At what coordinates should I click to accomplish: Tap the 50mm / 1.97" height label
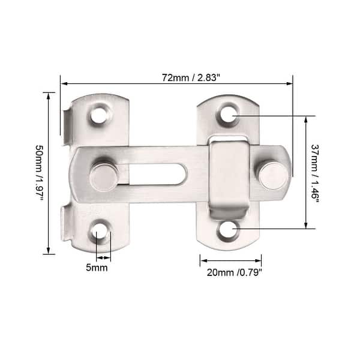point(39,173)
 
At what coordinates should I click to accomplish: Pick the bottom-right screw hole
point(227,229)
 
